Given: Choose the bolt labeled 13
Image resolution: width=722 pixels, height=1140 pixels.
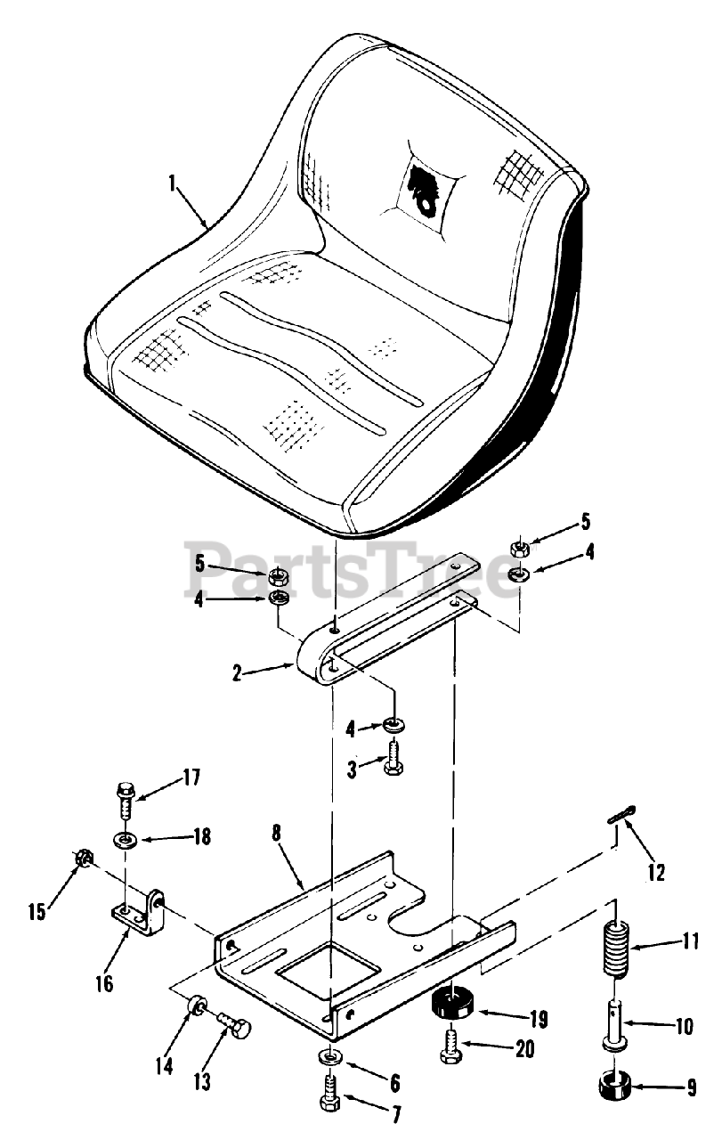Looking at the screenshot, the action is [236, 1029].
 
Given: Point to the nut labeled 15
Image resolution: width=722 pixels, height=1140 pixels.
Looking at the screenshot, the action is [83, 859].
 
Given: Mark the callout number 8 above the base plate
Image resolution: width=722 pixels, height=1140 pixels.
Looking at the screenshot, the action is [277, 835].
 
